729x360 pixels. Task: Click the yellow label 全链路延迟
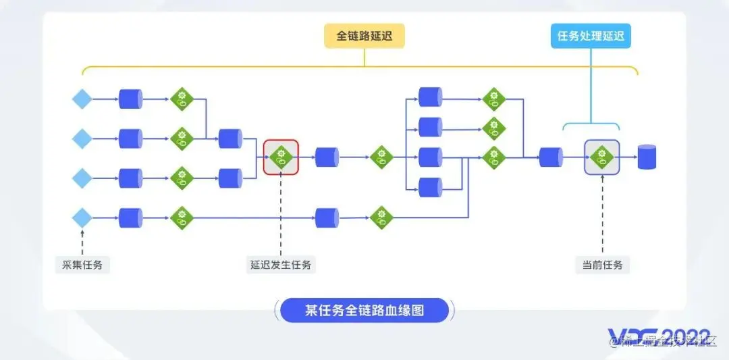coord(364,36)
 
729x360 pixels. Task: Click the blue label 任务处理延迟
coord(591,36)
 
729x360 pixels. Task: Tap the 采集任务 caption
coord(82,265)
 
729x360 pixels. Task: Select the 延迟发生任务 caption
coord(281,265)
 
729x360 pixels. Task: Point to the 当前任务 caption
coord(602,265)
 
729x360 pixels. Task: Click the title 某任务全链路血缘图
coord(364,310)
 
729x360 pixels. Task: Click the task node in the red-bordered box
coord(281,157)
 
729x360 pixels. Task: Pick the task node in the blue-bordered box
coord(601,157)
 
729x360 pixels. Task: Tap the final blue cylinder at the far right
coord(647,157)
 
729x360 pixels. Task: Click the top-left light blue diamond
coord(82,99)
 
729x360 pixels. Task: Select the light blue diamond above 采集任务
coord(82,217)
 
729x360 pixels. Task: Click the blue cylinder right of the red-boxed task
coord(327,157)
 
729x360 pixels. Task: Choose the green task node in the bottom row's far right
coord(381,217)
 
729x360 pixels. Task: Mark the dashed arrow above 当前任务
coord(602,216)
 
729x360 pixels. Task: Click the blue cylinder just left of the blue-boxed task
coord(551,157)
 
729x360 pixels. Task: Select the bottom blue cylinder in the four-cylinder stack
coord(430,187)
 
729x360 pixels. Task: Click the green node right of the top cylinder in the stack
coord(493,99)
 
